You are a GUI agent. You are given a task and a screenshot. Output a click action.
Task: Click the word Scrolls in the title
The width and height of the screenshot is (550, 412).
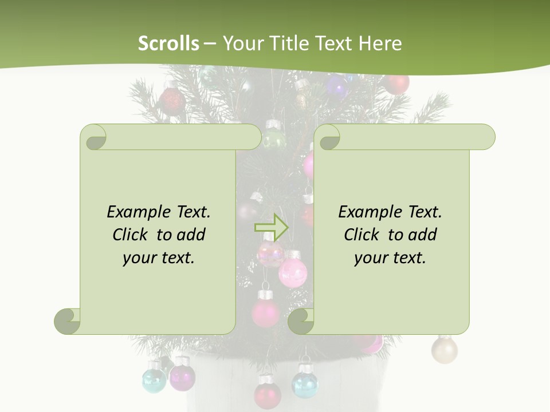169,43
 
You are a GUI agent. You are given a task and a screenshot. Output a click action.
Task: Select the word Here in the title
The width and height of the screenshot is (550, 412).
381,43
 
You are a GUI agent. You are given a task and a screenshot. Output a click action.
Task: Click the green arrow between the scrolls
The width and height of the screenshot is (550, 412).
271,227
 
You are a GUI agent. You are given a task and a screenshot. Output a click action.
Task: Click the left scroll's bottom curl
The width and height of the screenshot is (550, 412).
68,321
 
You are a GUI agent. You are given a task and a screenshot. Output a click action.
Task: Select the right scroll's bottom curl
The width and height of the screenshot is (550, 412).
301,321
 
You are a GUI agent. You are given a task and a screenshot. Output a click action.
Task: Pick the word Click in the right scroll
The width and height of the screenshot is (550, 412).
361,235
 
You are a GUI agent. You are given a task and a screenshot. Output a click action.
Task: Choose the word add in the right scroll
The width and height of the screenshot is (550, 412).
423,235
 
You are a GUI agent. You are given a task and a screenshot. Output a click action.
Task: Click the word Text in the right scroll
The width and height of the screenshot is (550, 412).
425,212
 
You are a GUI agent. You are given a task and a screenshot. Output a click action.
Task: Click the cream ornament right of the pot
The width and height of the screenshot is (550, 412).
444,349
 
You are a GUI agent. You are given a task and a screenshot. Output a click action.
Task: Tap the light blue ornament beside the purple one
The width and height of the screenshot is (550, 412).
154,379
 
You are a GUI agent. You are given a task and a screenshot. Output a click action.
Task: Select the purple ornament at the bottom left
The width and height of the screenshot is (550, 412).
182,376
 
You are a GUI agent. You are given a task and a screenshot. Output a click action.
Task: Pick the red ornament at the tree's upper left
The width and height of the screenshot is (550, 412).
171,102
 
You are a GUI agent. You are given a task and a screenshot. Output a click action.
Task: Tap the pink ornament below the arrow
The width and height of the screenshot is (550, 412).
291,272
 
